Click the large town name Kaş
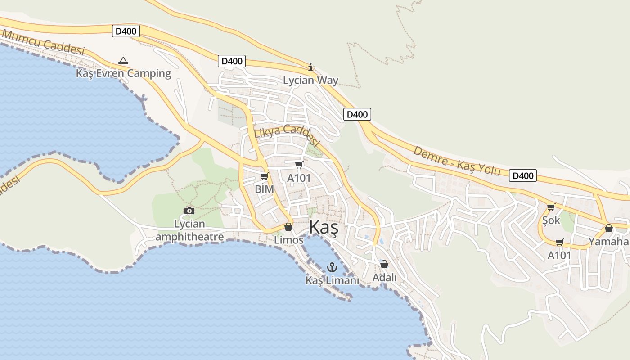(x=324, y=228)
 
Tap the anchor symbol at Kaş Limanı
(x=332, y=267)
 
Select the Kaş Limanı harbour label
(x=332, y=280)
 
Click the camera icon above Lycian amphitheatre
(x=189, y=211)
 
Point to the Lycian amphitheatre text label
(x=189, y=230)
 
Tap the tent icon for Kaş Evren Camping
(x=123, y=60)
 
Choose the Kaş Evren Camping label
(x=124, y=73)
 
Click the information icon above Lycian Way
(x=310, y=67)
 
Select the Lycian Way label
(x=310, y=81)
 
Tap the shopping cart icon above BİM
(x=264, y=176)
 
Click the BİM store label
(x=264, y=189)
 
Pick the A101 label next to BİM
(x=299, y=178)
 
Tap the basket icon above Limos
(x=288, y=227)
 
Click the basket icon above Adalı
(x=384, y=264)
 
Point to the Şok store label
(x=551, y=220)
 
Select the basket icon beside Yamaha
(x=608, y=229)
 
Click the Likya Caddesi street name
(x=287, y=135)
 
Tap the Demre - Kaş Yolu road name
(x=457, y=161)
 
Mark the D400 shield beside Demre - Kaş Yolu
(x=523, y=175)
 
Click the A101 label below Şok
(x=559, y=256)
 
